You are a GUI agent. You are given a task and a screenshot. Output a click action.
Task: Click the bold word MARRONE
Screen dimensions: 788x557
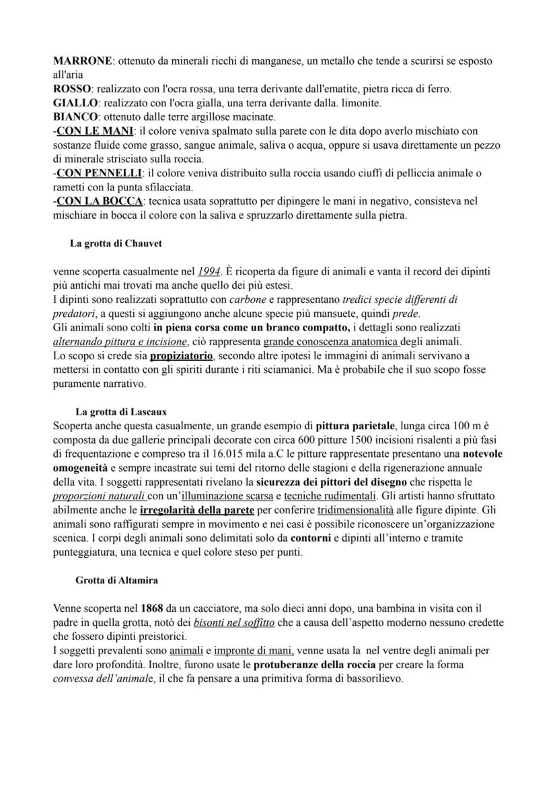point(82,61)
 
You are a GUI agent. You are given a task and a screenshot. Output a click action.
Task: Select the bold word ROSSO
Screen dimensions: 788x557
point(72,89)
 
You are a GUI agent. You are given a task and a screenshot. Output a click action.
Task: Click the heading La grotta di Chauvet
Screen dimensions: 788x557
point(116,244)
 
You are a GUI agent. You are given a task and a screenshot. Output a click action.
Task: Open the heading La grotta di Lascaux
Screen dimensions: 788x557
point(121,411)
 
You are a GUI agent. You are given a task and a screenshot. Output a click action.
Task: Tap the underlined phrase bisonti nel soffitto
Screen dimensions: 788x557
point(233,622)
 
